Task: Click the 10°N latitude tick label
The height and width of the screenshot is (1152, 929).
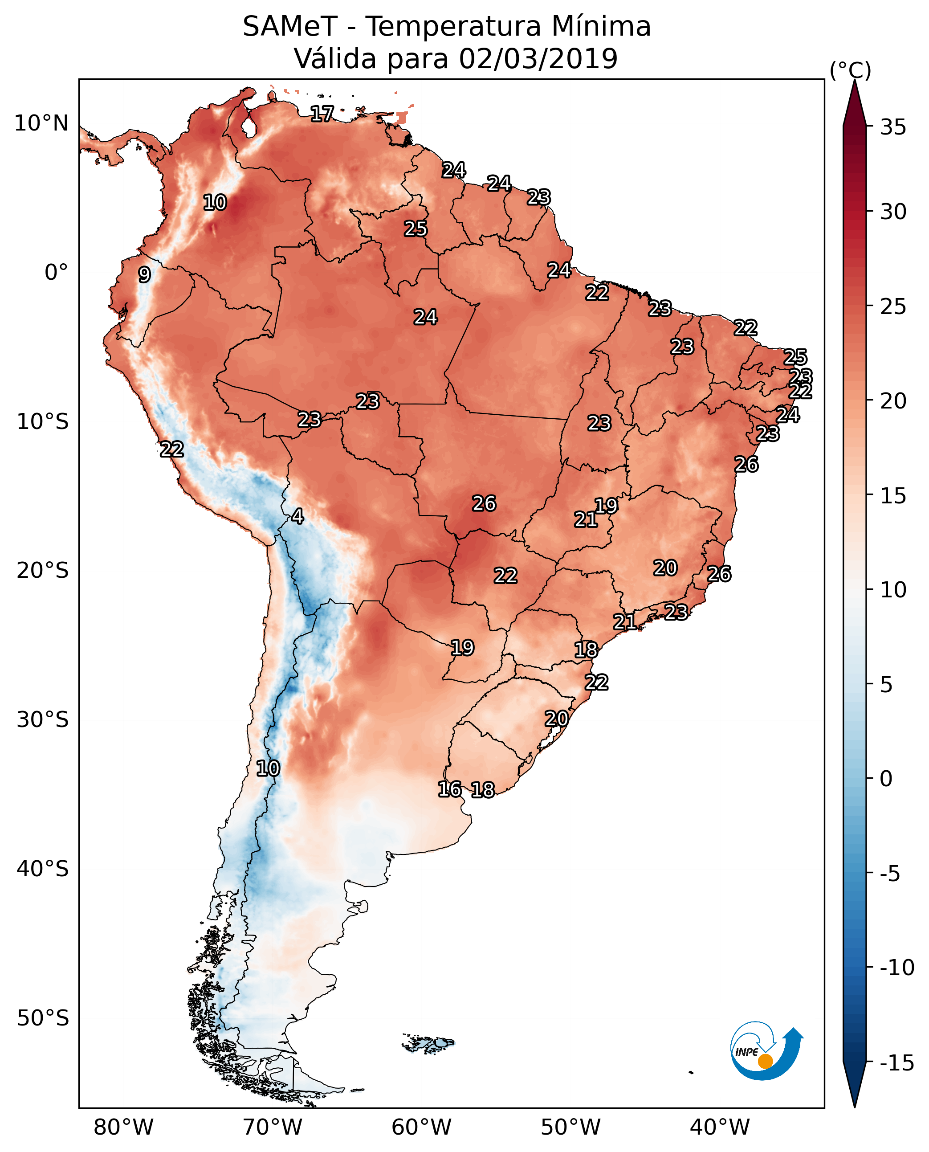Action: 41,124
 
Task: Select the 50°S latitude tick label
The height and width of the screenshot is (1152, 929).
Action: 43,1017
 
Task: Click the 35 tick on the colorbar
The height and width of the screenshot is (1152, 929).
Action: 893,127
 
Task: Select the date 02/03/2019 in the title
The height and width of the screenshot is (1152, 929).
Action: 538,58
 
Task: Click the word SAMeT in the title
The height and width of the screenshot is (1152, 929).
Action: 290,26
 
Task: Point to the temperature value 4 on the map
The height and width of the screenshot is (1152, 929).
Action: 297,517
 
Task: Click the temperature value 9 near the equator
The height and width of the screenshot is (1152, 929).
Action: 144,274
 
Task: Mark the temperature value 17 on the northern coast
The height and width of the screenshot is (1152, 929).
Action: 322,114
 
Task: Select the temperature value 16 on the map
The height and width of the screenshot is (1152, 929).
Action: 449,789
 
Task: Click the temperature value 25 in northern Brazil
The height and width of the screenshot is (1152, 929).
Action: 415,229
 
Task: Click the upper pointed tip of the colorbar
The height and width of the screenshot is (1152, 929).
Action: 855,80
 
